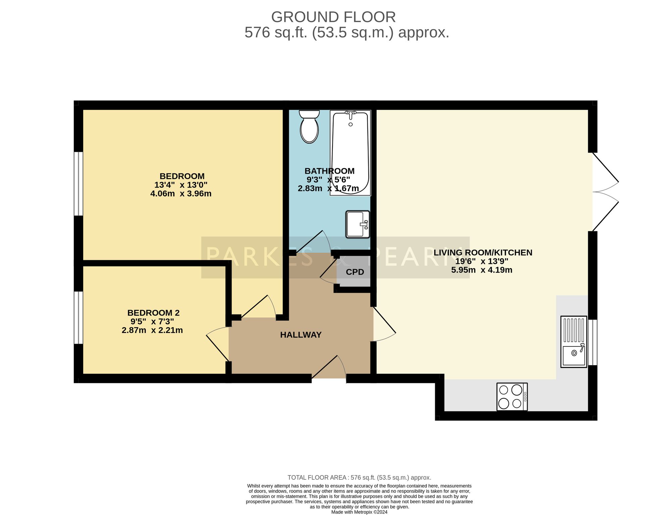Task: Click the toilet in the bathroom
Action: coord(309,126)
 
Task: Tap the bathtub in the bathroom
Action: coord(350,153)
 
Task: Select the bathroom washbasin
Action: coord(358,224)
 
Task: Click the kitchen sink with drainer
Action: coord(574,342)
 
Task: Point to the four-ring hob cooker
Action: coord(512,397)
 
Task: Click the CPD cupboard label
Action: coord(355,272)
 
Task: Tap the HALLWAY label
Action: coord(301,335)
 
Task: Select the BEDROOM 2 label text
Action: coord(153,313)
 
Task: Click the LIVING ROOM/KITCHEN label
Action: coord(483,252)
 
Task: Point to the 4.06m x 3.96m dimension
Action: coord(181,193)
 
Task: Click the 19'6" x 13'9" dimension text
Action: coord(482,261)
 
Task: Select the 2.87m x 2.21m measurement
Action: coord(152,330)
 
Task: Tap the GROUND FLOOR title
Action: coord(333,17)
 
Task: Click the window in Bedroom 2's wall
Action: coord(78,318)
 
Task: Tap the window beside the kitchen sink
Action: coord(593,342)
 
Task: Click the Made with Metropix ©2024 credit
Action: coord(359,512)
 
